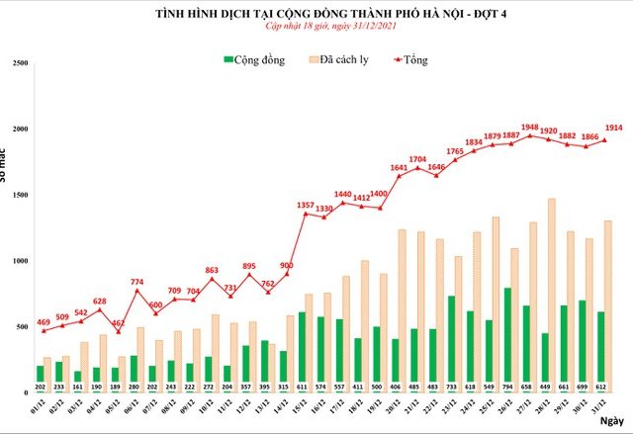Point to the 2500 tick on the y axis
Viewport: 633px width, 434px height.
pyautogui.click(x=20, y=63)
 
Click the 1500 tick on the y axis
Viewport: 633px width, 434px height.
pyautogui.click(x=20, y=196)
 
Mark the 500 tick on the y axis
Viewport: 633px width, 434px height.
pyautogui.click(x=23, y=327)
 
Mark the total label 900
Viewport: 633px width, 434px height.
pyautogui.click(x=287, y=265)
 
